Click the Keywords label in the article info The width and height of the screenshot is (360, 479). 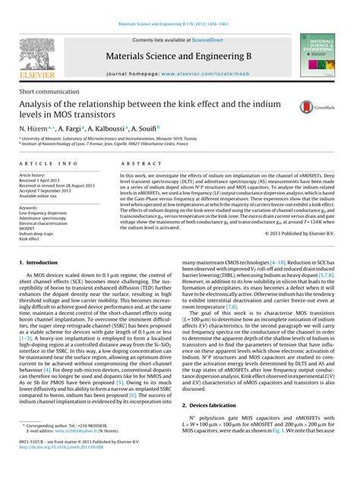(30, 207)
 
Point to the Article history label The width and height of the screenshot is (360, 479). (33, 175)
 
